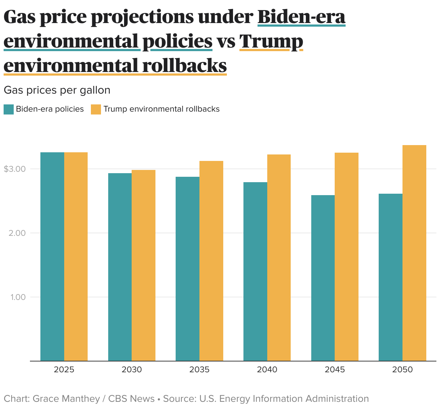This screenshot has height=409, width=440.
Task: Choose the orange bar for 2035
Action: (x=211, y=261)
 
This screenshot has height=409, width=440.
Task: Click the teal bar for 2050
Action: (x=391, y=277)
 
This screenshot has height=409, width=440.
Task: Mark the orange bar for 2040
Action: (x=279, y=257)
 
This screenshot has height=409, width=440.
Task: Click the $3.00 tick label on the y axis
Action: (x=14, y=169)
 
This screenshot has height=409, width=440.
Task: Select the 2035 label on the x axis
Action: (x=199, y=370)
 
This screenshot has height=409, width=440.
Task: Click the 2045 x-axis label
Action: (x=335, y=370)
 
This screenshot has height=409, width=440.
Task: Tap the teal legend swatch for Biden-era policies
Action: (x=9, y=109)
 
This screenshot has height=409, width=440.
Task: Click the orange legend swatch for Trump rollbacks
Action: (x=96, y=109)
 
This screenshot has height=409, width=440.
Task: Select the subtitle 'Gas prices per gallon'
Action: (x=57, y=90)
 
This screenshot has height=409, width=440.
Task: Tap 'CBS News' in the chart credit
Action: (x=131, y=399)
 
